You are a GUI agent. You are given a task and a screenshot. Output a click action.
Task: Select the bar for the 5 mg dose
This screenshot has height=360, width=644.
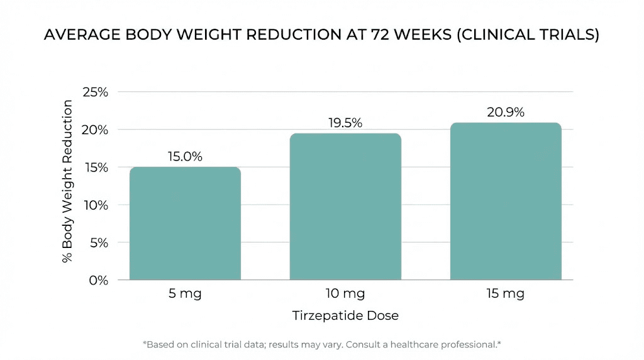pos(185,223)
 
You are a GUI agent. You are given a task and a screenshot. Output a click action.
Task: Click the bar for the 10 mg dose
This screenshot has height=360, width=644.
pos(345,206)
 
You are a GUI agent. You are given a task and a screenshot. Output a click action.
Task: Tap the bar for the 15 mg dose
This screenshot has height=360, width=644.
pos(506,201)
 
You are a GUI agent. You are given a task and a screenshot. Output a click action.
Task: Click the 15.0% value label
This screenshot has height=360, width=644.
pos(185,157)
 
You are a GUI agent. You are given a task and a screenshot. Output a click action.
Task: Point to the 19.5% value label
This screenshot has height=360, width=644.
pos(345,123)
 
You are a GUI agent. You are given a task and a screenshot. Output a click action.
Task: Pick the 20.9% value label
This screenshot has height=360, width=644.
pos(506,113)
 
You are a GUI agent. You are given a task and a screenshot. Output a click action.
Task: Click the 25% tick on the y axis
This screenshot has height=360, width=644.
pos(95,92)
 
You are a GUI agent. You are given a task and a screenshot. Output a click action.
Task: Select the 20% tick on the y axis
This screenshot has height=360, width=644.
pos(95,130)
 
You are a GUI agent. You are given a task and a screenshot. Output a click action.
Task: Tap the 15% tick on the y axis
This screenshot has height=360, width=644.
pos(95,167)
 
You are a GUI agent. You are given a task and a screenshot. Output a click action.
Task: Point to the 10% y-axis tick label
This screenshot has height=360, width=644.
pos(95,205)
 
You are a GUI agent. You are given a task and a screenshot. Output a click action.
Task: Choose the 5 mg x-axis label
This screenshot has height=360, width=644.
pos(185,294)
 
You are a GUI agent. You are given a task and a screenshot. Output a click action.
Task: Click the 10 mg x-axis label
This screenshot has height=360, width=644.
pos(345,294)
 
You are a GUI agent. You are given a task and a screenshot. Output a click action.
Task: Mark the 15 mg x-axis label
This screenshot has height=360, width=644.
pos(506,294)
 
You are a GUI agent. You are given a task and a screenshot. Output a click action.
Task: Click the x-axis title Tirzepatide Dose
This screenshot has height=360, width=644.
pos(345,316)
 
